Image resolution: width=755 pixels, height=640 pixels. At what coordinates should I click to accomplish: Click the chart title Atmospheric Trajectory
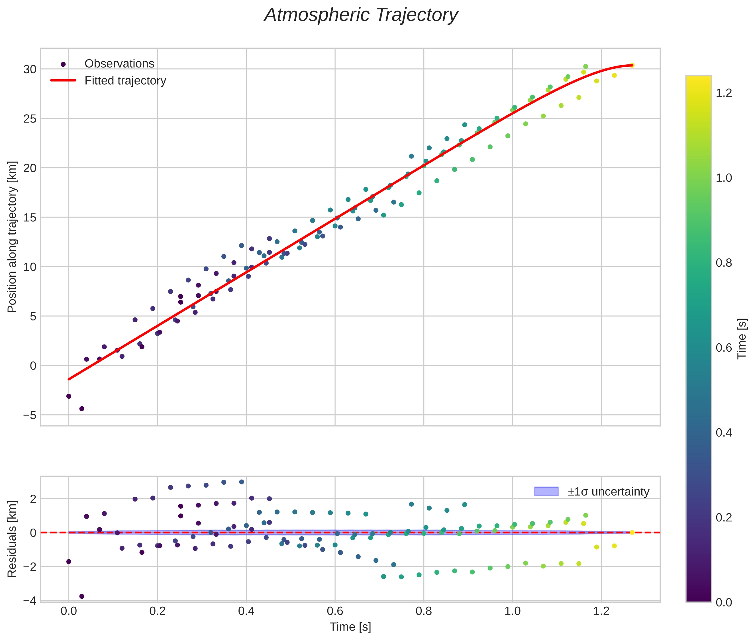[x=361, y=15]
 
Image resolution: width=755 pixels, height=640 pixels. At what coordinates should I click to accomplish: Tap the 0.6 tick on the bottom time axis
[x=335, y=611]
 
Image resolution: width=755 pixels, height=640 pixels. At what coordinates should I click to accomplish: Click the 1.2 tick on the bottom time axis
[x=601, y=611]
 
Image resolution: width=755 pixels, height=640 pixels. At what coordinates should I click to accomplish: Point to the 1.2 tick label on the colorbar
[x=723, y=93]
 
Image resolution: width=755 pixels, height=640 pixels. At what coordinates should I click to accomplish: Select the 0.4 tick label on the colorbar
[x=723, y=433]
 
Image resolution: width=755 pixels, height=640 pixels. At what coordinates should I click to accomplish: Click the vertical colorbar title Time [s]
[x=742, y=339]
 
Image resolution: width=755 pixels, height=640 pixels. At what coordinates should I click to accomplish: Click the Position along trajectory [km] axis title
[x=12, y=237]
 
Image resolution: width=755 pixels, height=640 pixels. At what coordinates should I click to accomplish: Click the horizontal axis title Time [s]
[x=350, y=627]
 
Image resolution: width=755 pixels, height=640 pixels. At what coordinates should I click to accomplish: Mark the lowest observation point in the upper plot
[x=82, y=409]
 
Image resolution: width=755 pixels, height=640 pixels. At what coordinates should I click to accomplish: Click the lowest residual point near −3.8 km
[x=82, y=596]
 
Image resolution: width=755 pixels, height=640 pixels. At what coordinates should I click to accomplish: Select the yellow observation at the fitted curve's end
[x=632, y=65]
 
